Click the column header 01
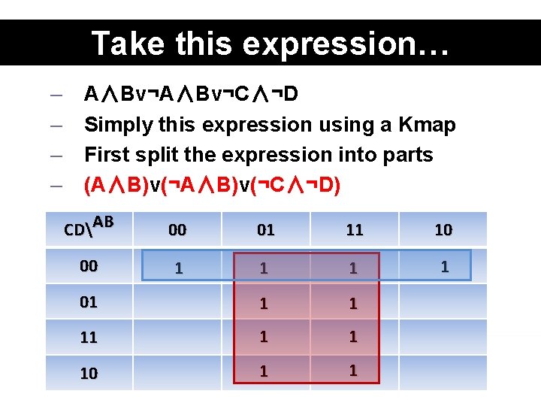(x=266, y=230)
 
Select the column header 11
(x=355, y=230)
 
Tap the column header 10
(x=443, y=230)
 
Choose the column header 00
(x=177, y=230)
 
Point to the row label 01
(x=89, y=302)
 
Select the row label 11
(x=89, y=338)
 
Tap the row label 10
(x=89, y=373)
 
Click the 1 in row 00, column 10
(x=444, y=266)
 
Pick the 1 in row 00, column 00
(x=177, y=268)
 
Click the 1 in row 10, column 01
(x=264, y=371)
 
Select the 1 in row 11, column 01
(x=264, y=337)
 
